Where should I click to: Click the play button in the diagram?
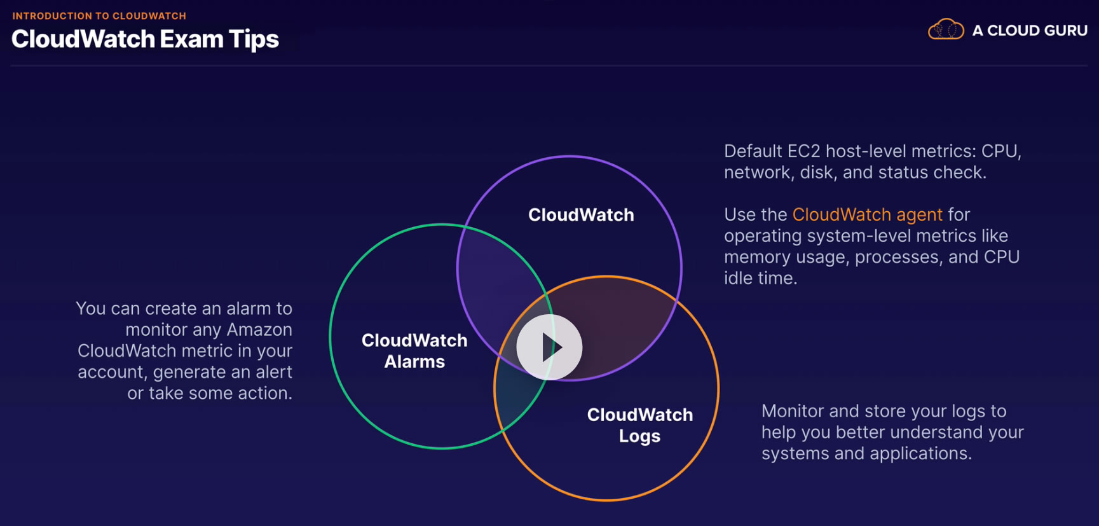(549, 347)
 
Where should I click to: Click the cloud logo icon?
(946, 29)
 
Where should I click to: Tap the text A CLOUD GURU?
(1030, 30)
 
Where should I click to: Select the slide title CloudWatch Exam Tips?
(145, 39)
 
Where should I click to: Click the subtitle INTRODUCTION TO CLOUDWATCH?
(99, 16)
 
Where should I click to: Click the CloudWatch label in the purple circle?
(581, 215)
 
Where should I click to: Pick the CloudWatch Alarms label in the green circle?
(414, 350)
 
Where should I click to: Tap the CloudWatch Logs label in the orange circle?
(639, 425)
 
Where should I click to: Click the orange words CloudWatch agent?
(867, 214)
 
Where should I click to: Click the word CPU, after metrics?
(1001, 151)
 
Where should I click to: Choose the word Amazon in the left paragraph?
(259, 329)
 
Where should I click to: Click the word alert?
(274, 372)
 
